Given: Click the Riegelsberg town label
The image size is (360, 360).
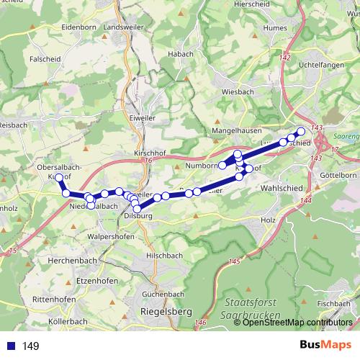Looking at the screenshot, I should tap(156, 311).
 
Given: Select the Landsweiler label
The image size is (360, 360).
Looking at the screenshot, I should tap(123, 27).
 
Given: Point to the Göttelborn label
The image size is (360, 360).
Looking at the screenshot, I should tap(338, 175).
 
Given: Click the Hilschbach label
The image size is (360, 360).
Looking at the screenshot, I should tap(163, 255).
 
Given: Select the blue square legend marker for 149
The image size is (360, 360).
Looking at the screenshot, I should tap(11, 346).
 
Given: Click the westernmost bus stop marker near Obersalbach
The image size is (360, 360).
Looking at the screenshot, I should tap(59, 177).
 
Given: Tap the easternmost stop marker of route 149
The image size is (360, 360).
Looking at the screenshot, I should tap(301, 131).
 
